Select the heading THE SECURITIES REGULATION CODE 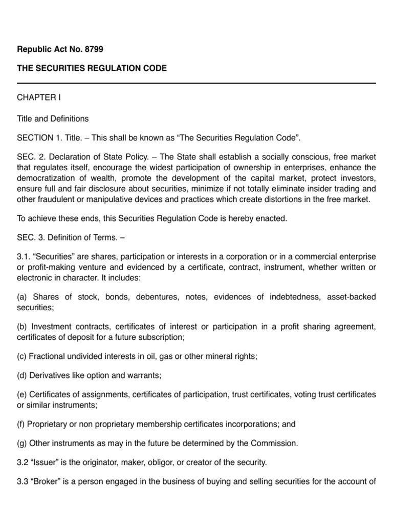click(92, 68)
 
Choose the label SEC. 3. click(30, 237)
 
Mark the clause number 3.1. click(24, 255)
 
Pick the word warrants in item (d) click(145, 375)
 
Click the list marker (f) click(22, 424)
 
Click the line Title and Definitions click(53, 118)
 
